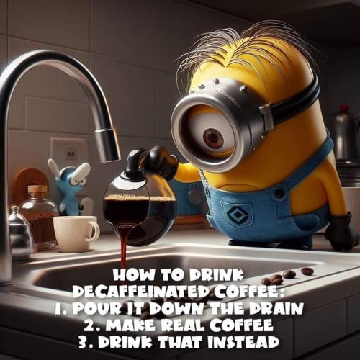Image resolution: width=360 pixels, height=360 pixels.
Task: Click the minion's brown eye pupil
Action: click(x=213, y=138)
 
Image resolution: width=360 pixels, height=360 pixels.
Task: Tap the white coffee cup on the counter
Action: click(x=75, y=233)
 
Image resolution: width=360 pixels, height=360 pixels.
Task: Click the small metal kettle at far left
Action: click(x=18, y=234)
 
